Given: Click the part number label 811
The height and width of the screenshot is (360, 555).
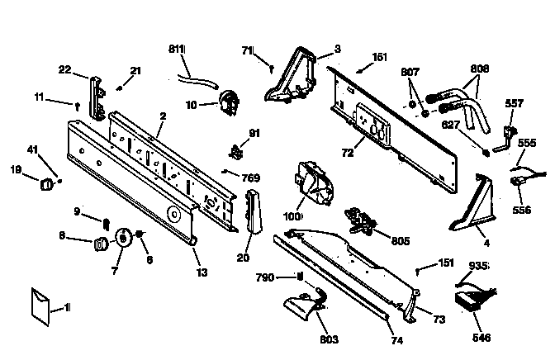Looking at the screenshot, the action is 177,49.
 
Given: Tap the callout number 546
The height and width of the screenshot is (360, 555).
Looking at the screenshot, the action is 481,338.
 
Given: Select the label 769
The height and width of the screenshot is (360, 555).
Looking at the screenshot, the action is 251,178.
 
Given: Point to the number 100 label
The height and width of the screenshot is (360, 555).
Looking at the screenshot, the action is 292,216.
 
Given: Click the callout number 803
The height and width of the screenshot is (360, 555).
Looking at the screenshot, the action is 329,339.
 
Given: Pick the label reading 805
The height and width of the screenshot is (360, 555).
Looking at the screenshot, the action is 401,241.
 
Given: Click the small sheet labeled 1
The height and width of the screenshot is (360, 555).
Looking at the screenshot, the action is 40,307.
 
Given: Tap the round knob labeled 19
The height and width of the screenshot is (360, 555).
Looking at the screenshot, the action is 46,184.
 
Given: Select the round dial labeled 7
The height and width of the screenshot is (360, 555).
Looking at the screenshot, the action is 123,236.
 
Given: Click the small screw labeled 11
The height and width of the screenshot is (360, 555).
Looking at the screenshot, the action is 78,107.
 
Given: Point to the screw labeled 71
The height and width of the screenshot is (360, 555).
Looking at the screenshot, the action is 272,69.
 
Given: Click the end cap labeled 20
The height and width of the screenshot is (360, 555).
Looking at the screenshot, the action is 254,211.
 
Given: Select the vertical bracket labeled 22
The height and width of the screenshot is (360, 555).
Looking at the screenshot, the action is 97,97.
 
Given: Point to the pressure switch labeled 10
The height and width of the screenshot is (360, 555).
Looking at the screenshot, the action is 229,102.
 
